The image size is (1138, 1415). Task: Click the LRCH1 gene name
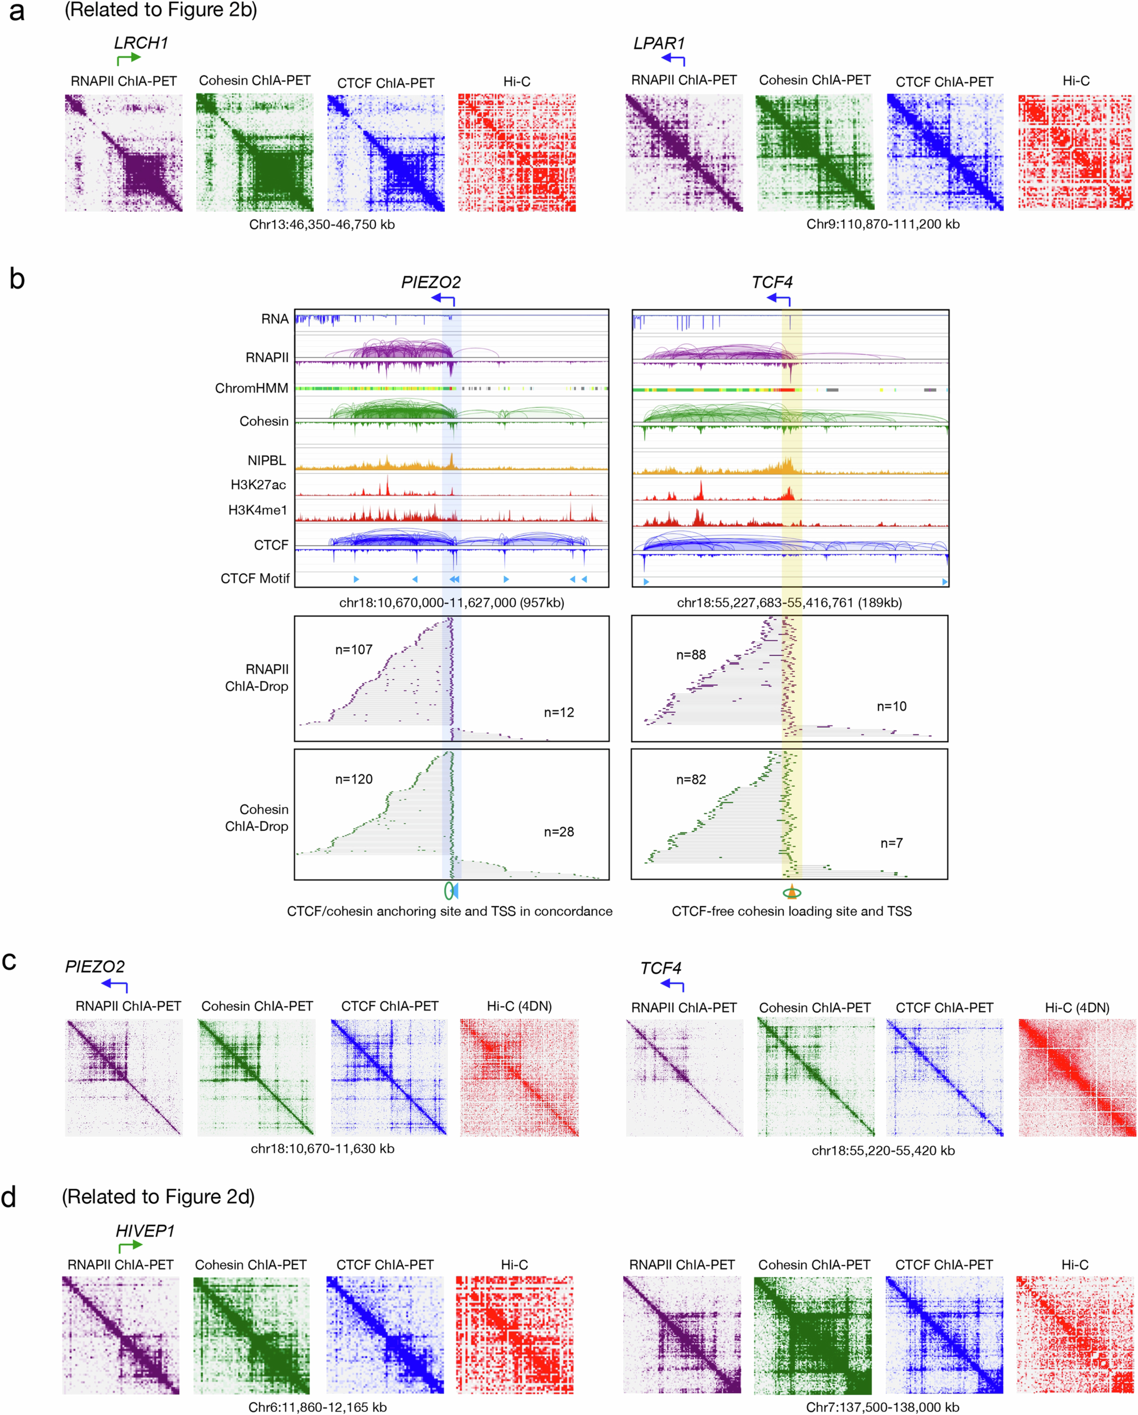(x=141, y=43)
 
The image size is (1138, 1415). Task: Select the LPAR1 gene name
(x=659, y=43)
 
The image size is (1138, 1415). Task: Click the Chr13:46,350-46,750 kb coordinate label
(x=321, y=224)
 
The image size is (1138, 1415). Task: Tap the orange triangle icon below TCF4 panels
(x=792, y=891)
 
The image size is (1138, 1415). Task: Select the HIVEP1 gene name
(x=145, y=1231)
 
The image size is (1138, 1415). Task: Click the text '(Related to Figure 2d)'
(x=158, y=1197)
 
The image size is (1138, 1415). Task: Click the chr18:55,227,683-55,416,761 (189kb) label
(x=789, y=603)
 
